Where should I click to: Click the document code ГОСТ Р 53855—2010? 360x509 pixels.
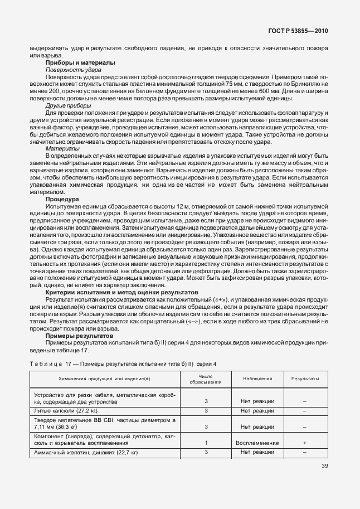(297, 31)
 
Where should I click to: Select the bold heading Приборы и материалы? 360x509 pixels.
(80, 63)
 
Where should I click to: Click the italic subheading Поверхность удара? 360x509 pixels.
(73, 70)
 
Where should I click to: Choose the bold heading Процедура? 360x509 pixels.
(62, 199)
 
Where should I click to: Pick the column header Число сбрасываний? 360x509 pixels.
(206, 379)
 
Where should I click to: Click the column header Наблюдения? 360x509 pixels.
(257, 379)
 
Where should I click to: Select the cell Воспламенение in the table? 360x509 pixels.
(257, 443)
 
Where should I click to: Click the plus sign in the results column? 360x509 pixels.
(305, 443)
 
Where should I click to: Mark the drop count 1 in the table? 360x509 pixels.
(206, 443)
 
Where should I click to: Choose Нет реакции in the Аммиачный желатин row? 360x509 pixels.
(257, 452)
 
